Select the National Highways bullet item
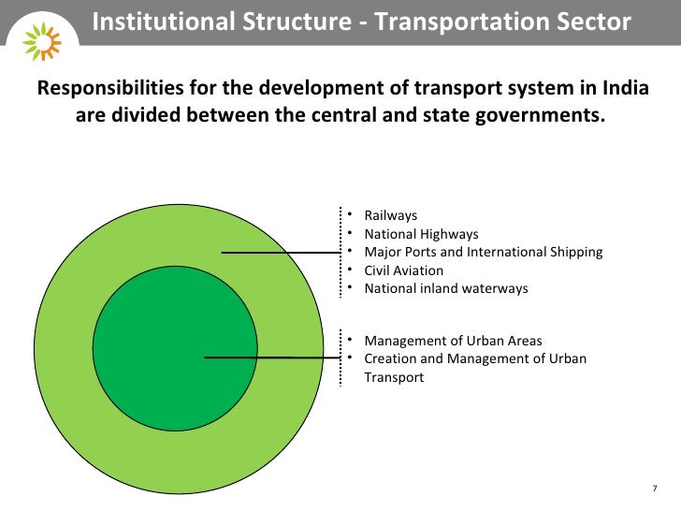(421, 235)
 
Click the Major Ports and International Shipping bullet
(483, 253)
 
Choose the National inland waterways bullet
(445, 288)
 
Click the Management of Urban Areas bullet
(453, 341)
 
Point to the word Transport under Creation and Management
(394, 377)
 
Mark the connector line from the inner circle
(271, 358)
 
